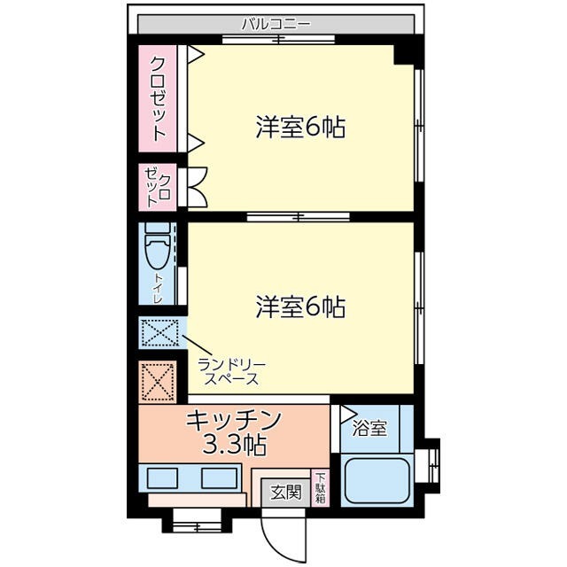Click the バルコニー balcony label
pyautogui.click(x=276, y=24)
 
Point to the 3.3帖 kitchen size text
pyautogui.click(x=234, y=442)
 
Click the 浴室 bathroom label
pyautogui.click(x=369, y=430)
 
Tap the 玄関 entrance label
pyautogui.click(x=282, y=493)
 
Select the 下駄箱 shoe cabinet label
pyautogui.click(x=320, y=489)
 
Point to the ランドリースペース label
pyautogui.click(x=231, y=371)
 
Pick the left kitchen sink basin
pyautogui.click(x=165, y=478)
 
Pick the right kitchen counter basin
pyautogui.click(x=221, y=478)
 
